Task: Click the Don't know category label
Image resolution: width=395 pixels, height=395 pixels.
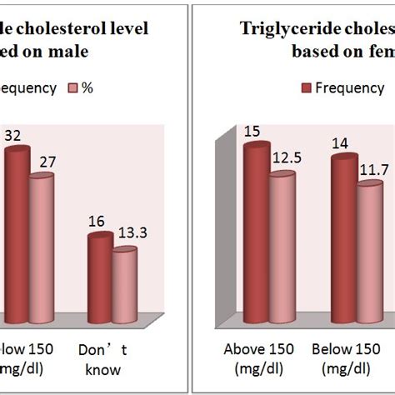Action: [x=102, y=360]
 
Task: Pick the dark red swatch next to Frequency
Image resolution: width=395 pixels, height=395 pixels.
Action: [x=306, y=87]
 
